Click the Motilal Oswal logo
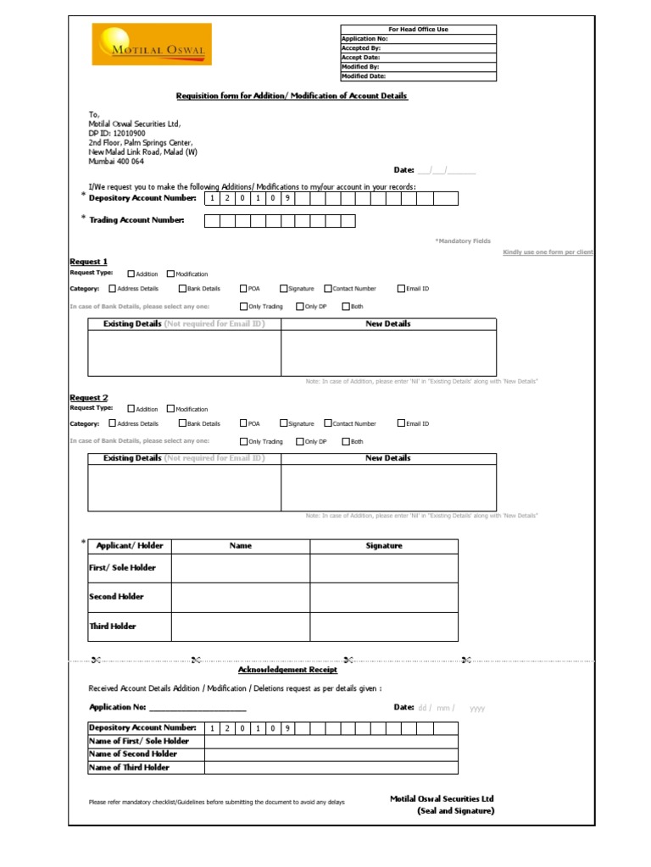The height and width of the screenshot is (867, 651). tap(151, 45)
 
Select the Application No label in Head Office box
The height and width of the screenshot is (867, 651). tap(364, 39)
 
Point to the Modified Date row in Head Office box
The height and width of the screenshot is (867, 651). tap(418, 76)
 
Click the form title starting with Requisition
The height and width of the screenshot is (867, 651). tap(292, 97)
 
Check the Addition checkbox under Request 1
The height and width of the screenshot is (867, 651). tap(131, 274)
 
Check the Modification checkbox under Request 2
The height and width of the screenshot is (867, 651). tap(171, 409)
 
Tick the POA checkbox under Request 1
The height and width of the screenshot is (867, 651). tap(243, 289)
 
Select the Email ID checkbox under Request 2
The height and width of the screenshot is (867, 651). tap(402, 423)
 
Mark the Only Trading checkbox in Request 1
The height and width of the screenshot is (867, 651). tap(243, 306)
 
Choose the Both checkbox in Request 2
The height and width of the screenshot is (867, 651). tap(346, 441)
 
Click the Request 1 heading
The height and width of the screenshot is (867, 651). tap(88, 262)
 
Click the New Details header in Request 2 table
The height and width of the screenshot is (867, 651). tap(388, 458)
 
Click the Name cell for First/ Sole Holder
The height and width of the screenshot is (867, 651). tap(241, 568)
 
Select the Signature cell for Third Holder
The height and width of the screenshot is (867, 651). tap(383, 627)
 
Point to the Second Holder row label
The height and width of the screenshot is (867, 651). tap(117, 597)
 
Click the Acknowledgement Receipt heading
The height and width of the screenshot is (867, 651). tap(287, 670)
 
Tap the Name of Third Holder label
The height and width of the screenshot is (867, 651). tap(130, 767)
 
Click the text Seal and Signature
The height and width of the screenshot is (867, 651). tap(455, 811)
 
